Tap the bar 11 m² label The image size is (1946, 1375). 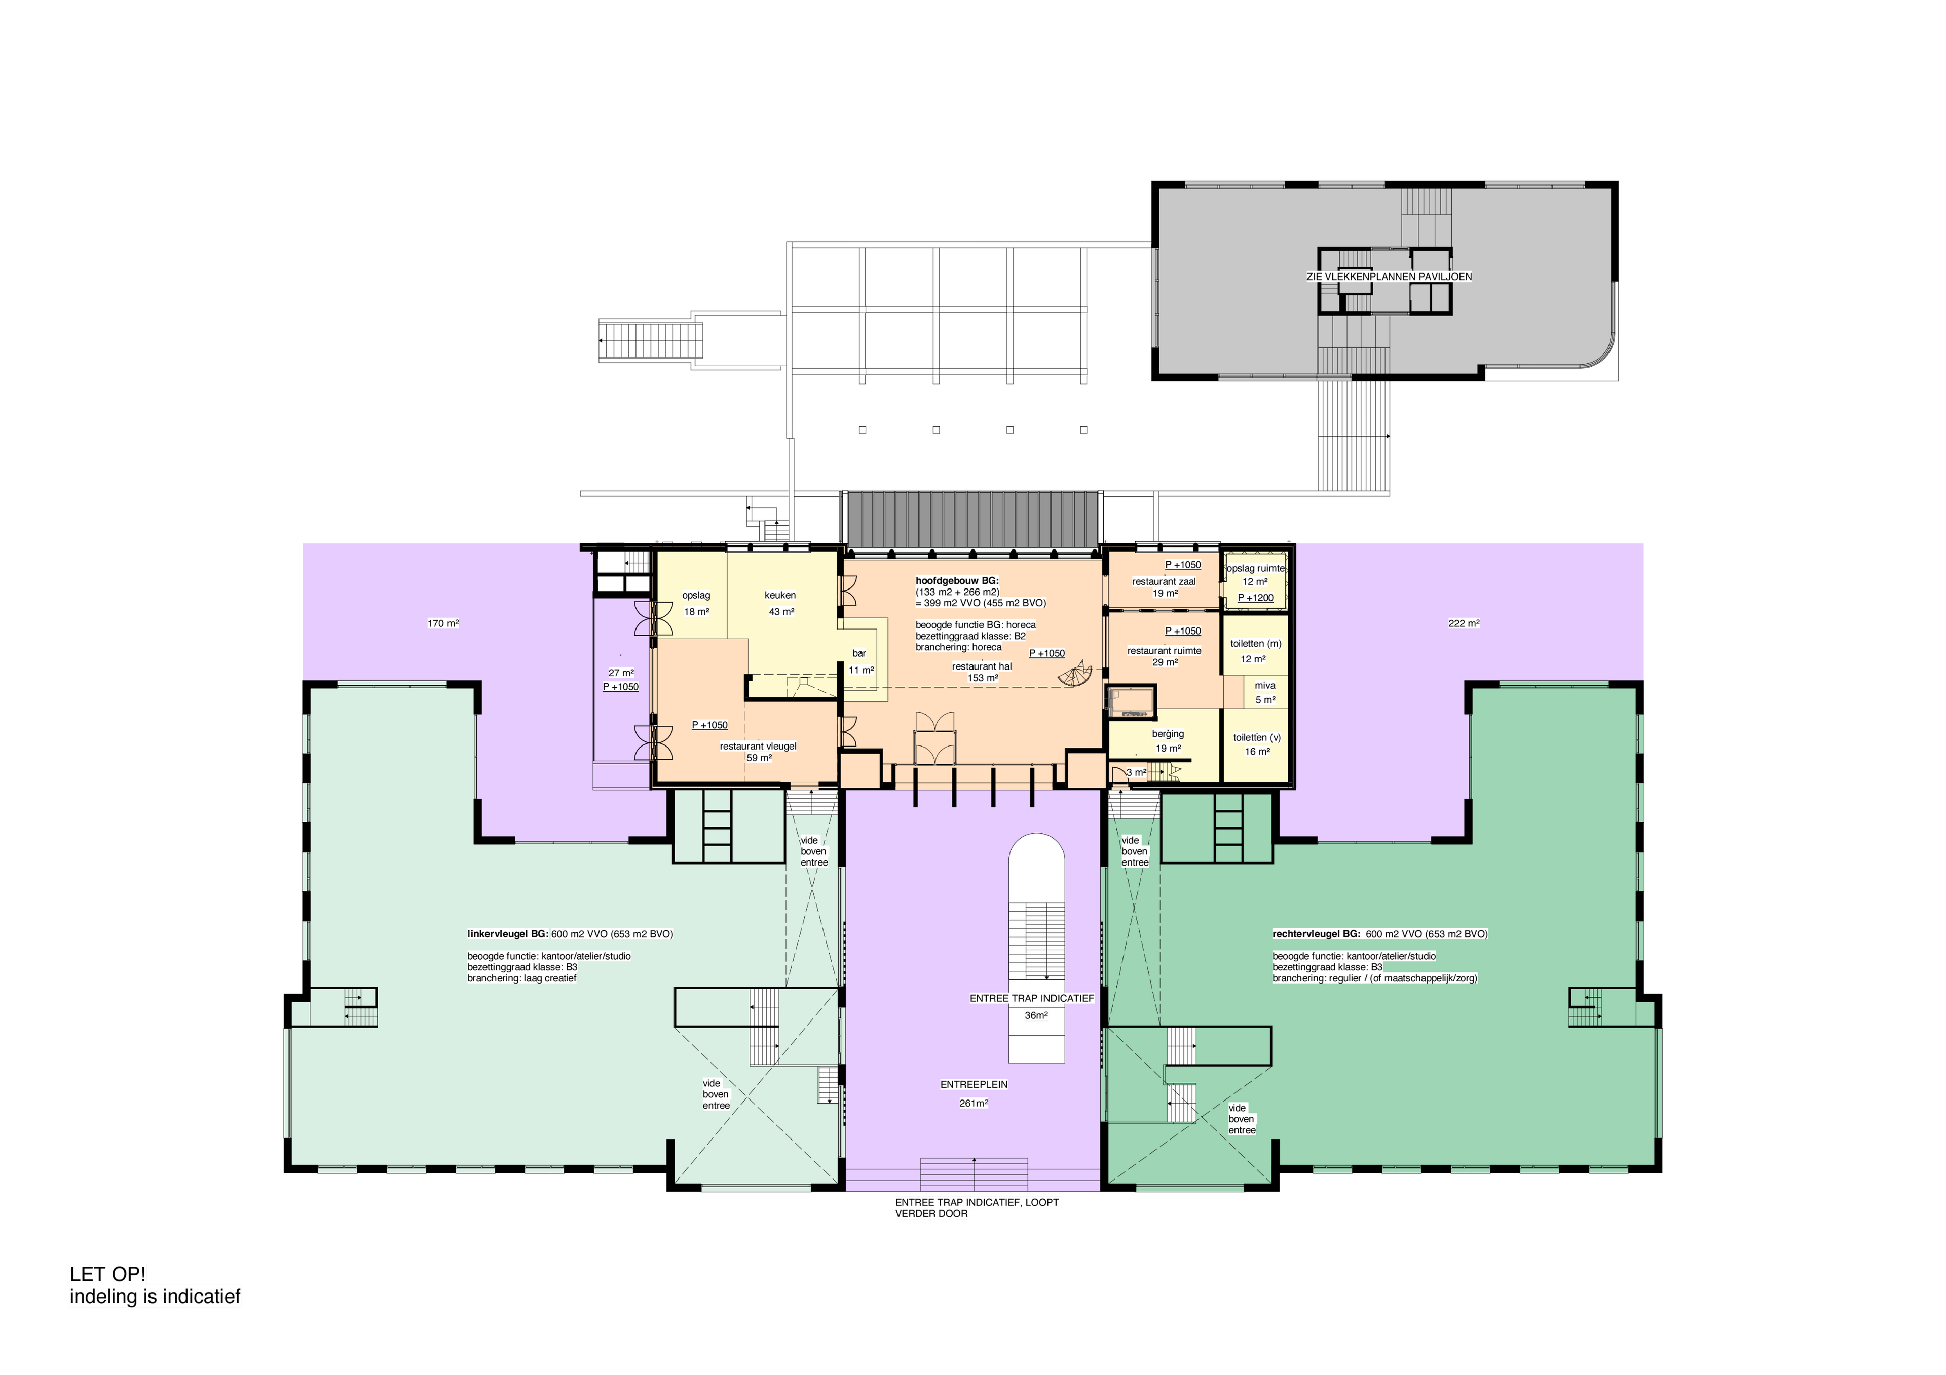pos(860,661)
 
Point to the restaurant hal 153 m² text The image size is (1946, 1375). pos(982,672)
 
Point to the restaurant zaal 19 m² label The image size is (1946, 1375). pos(1164,587)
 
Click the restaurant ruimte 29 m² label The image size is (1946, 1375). pos(1164,656)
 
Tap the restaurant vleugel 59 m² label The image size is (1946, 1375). pos(758,752)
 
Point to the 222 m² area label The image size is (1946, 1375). pos(1463,623)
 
